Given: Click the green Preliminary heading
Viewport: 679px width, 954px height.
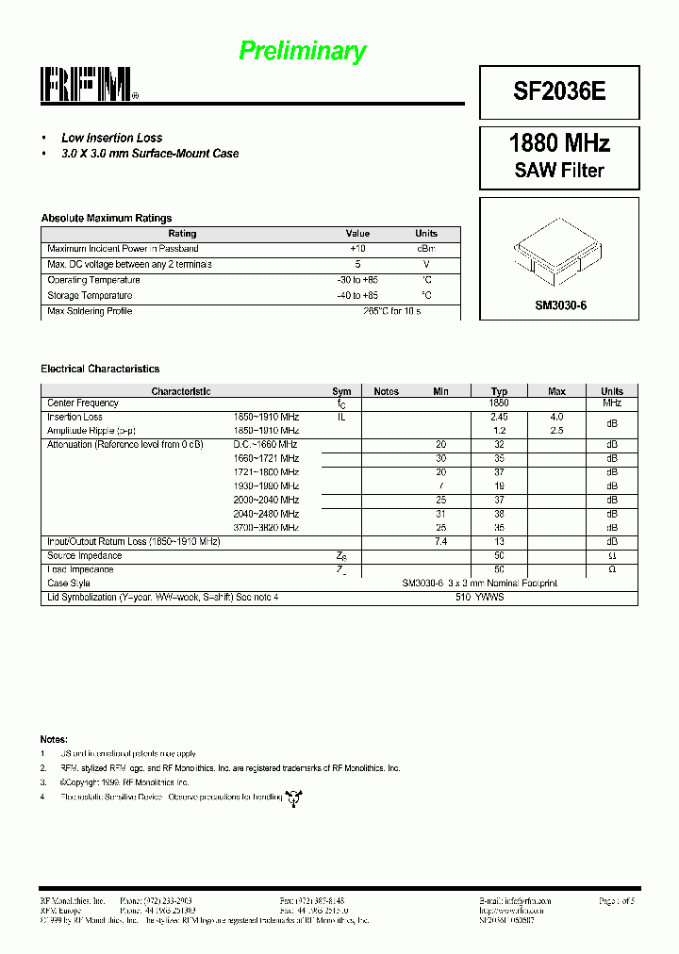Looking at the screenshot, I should pyautogui.click(x=302, y=51).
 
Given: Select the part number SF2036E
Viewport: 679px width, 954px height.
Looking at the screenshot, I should pyautogui.click(x=559, y=91).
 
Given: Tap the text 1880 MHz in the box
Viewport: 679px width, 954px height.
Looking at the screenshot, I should pyautogui.click(x=559, y=143).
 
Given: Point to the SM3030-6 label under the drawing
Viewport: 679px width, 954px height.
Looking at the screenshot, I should pyautogui.click(x=560, y=305).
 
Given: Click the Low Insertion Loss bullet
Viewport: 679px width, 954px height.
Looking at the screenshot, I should pyautogui.click(x=111, y=138).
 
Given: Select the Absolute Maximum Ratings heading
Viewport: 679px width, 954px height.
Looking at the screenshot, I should pyautogui.click(x=106, y=218).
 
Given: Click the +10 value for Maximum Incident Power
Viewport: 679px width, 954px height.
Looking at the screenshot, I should pyautogui.click(x=357, y=248).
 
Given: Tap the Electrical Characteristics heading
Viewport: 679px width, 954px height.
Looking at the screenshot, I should pyautogui.click(x=100, y=369).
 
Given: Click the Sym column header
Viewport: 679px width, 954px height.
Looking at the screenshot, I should pyautogui.click(x=341, y=391).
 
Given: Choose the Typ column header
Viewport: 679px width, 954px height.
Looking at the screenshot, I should pyautogui.click(x=499, y=391).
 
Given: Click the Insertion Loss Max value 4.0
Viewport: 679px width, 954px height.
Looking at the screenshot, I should pyautogui.click(x=556, y=417).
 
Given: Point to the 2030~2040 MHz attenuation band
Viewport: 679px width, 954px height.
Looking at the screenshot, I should pyautogui.click(x=266, y=500).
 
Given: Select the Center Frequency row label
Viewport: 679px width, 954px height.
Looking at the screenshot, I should pyautogui.click(x=83, y=403).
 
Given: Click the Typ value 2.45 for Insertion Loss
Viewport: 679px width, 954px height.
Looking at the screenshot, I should pyautogui.click(x=499, y=417).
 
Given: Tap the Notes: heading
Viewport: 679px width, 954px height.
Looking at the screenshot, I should pyautogui.click(x=54, y=738).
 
